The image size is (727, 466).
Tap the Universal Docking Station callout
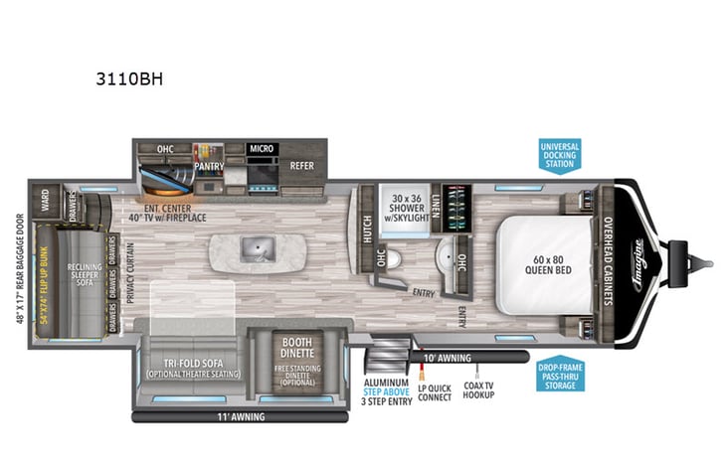pyautogui.click(x=558, y=154)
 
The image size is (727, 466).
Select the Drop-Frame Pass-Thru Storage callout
pyautogui.click(x=558, y=375)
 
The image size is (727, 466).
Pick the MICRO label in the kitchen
pyautogui.click(x=261, y=148)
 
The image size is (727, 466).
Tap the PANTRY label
pyautogui.click(x=210, y=166)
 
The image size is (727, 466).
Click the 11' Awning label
pyautogui.click(x=241, y=417)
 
